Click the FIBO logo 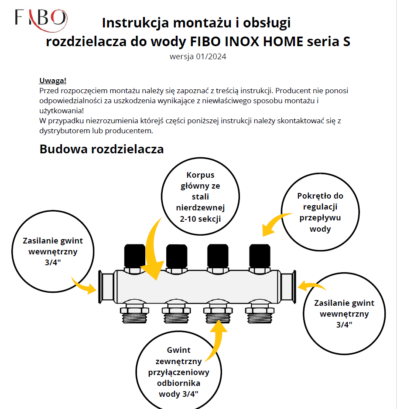click(41, 18)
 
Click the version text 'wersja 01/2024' click(198, 56)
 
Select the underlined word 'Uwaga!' click(52, 81)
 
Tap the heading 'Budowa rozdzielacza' click(102, 149)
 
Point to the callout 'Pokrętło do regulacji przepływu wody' click(321, 212)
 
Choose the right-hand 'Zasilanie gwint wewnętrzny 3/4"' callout click(344, 313)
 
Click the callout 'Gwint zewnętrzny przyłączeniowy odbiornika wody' click(178, 372)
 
